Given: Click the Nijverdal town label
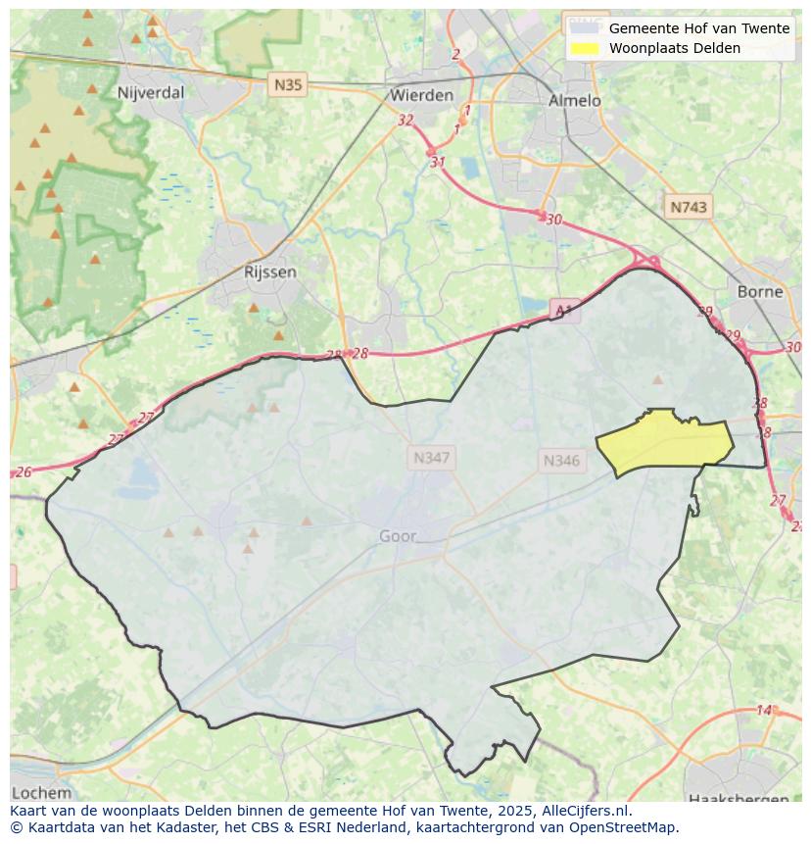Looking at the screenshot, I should coord(150,93).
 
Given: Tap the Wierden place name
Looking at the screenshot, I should coord(421,95).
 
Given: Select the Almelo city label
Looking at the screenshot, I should coord(575,100).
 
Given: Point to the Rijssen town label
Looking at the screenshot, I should coord(269,272).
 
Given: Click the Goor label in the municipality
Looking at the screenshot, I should coord(398,536).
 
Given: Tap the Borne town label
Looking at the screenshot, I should coord(760,291).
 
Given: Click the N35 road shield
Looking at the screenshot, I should coord(288,84).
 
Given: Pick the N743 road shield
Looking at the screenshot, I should coord(689,208).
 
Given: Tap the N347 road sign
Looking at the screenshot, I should coord(432,458).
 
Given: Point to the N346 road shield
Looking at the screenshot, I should coord(561,460).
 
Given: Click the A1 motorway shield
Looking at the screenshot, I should coord(563,311).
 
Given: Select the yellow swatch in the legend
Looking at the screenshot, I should coord(585,48).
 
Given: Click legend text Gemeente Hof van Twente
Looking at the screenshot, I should coord(698,28).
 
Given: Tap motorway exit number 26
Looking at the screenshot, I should coord(24,472).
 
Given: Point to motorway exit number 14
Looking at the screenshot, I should coord(764,710).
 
